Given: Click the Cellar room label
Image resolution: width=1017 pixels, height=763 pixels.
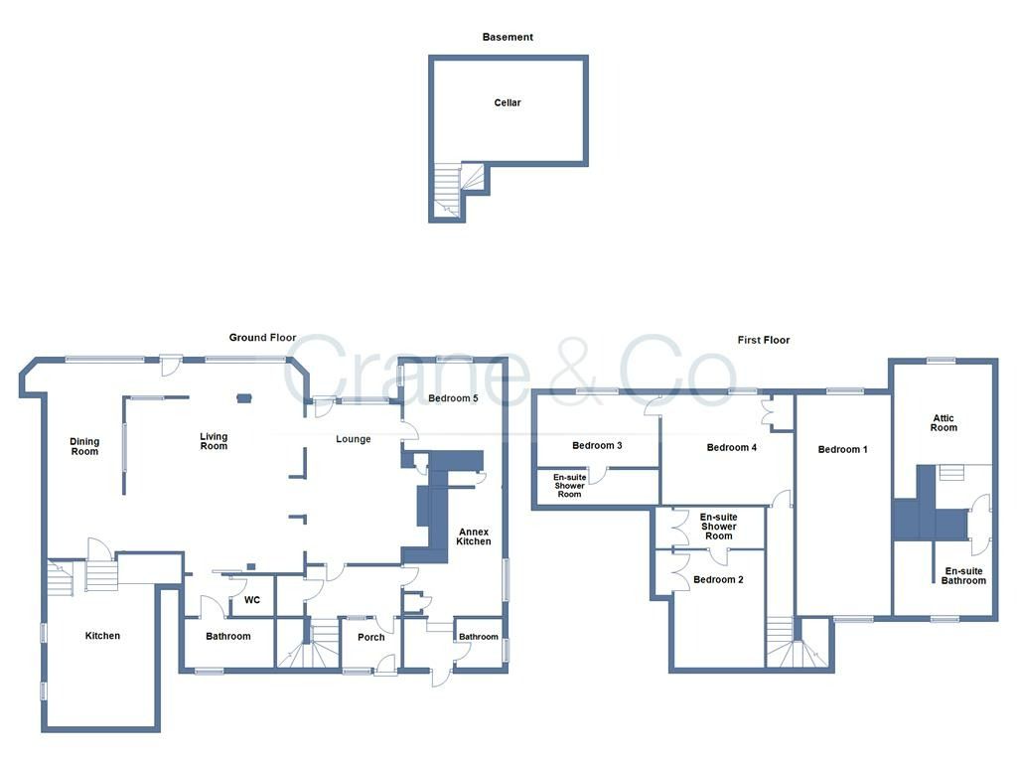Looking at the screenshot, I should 508,102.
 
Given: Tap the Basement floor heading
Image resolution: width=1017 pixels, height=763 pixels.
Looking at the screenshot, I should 508,37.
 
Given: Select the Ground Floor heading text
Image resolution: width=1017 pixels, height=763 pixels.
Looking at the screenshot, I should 263,338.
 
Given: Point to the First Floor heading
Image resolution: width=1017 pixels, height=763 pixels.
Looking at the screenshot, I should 764,340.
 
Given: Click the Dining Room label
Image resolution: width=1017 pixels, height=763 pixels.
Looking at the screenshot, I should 84,446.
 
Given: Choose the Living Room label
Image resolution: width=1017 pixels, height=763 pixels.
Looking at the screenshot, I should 214,441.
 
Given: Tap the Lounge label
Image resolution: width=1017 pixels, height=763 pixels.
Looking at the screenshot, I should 353,439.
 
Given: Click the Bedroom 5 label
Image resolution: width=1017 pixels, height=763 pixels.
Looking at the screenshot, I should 453,398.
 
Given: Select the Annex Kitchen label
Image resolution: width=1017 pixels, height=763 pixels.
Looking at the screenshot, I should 474,536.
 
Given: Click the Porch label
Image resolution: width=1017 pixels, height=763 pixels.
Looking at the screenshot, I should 370,637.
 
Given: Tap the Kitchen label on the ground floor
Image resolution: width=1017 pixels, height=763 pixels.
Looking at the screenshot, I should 102,636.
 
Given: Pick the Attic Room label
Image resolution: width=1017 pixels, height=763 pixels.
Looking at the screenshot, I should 944,422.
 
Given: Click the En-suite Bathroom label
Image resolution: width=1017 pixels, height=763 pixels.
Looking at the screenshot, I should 964,575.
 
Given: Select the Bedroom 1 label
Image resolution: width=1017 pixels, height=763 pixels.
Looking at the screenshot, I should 842,449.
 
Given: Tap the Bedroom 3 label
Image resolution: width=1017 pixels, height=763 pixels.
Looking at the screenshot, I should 597,445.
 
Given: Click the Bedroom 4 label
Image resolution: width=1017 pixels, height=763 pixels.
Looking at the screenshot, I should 732,447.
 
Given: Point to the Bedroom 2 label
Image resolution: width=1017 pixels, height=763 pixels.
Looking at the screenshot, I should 715,579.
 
